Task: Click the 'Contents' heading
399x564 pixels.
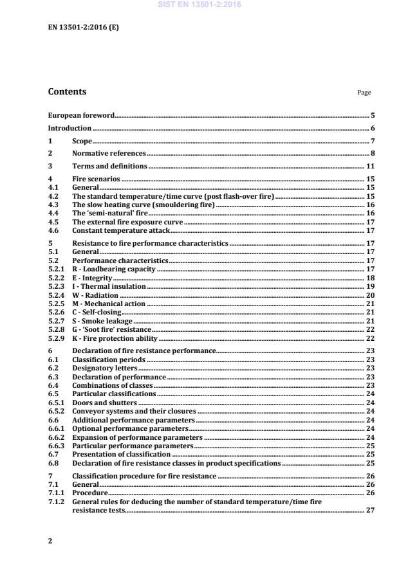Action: click(x=67, y=92)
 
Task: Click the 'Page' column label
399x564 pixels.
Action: click(x=364, y=93)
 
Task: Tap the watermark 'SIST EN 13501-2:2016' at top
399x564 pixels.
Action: click(x=199, y=5)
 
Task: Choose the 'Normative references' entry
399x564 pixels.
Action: click(x=109, y=153)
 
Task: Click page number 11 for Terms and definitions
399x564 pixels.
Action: click(x=371, y=166)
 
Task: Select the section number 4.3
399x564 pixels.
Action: click(x=53, y=203)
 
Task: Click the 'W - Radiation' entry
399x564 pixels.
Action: click(x=95, y=295)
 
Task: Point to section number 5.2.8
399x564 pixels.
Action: click(x=57, y=329)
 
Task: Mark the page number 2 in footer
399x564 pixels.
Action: click(x=50, y=541)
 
